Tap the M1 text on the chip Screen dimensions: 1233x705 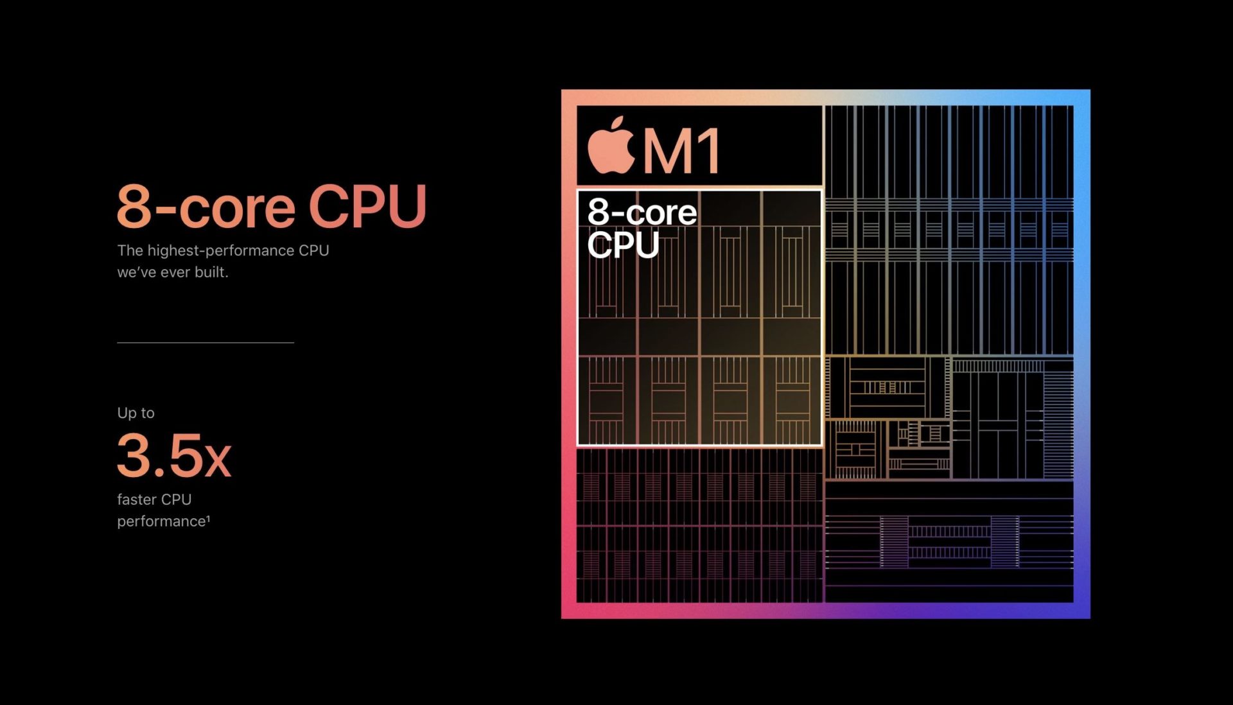[x=682, y=151]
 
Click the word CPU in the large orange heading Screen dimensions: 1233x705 [x=368, y=206]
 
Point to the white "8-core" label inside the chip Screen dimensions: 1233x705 [x=642, y=212]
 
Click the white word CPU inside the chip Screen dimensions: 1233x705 [x=624, y=245]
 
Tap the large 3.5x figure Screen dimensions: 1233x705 [x=174, y=455]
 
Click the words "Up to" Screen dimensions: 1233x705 [x=136, y=413]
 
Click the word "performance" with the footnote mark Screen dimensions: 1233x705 [x=161, y=521]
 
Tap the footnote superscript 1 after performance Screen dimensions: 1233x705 [x=208, y=518]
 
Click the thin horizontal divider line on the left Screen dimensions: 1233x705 [x=205, y=343]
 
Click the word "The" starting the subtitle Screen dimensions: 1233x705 [x=130, y=250]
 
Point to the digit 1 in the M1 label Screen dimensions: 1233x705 [x=710, y=151]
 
